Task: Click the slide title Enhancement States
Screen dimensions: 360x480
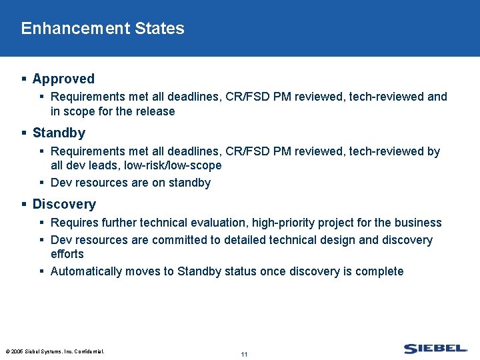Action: [x=103, y=29]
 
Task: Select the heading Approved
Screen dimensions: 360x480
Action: [x=63, y=79]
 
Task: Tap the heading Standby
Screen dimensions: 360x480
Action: [x=59, y=133]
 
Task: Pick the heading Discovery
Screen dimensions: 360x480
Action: [x=64, y=204]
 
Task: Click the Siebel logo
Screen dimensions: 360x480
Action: [x=435, y=349]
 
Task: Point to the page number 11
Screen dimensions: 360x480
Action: [x=244, y=354]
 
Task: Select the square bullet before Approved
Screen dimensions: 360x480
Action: [x=24, y=79]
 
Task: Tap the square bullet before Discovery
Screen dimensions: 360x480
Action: [x=24, y=204]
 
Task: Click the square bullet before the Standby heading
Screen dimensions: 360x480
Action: [x=24, y=133]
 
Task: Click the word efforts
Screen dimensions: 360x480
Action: [x=67, y=254]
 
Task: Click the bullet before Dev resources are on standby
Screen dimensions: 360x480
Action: [x=41, y=183]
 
